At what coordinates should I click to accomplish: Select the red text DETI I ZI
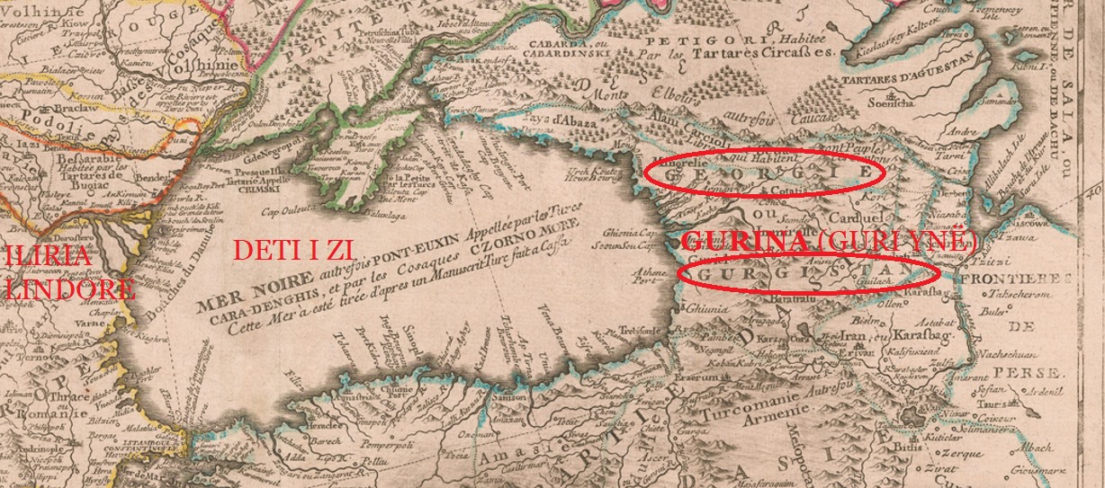click(293, 251)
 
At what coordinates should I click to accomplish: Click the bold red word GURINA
click(744, 242)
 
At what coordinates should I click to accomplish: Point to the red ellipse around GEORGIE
click(765, 171)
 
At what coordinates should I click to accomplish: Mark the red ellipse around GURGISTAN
click(808, 272)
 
